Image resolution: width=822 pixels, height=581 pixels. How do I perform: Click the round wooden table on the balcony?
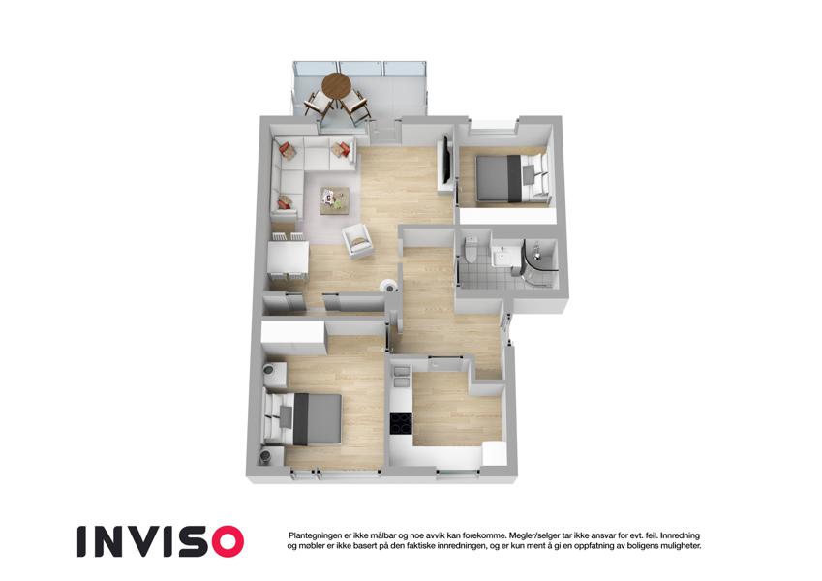[336, 85]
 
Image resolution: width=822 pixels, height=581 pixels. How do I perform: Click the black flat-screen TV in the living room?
[446, 160]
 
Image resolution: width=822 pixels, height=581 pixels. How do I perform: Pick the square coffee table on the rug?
[333, 200]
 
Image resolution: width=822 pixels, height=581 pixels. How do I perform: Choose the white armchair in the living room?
[357, 241]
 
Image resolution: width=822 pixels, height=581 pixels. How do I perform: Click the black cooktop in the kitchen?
[401, 424]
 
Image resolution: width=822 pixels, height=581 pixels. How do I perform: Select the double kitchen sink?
[401, 376]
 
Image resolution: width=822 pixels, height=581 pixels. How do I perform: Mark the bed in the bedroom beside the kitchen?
[303, 418]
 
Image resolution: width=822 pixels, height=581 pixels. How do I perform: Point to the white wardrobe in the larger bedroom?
[293, 332]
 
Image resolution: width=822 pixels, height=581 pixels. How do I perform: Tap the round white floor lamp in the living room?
[388, 287]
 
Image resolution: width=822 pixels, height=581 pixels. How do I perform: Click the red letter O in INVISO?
[224, 541]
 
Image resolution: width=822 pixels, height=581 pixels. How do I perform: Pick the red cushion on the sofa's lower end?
[286, 201]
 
